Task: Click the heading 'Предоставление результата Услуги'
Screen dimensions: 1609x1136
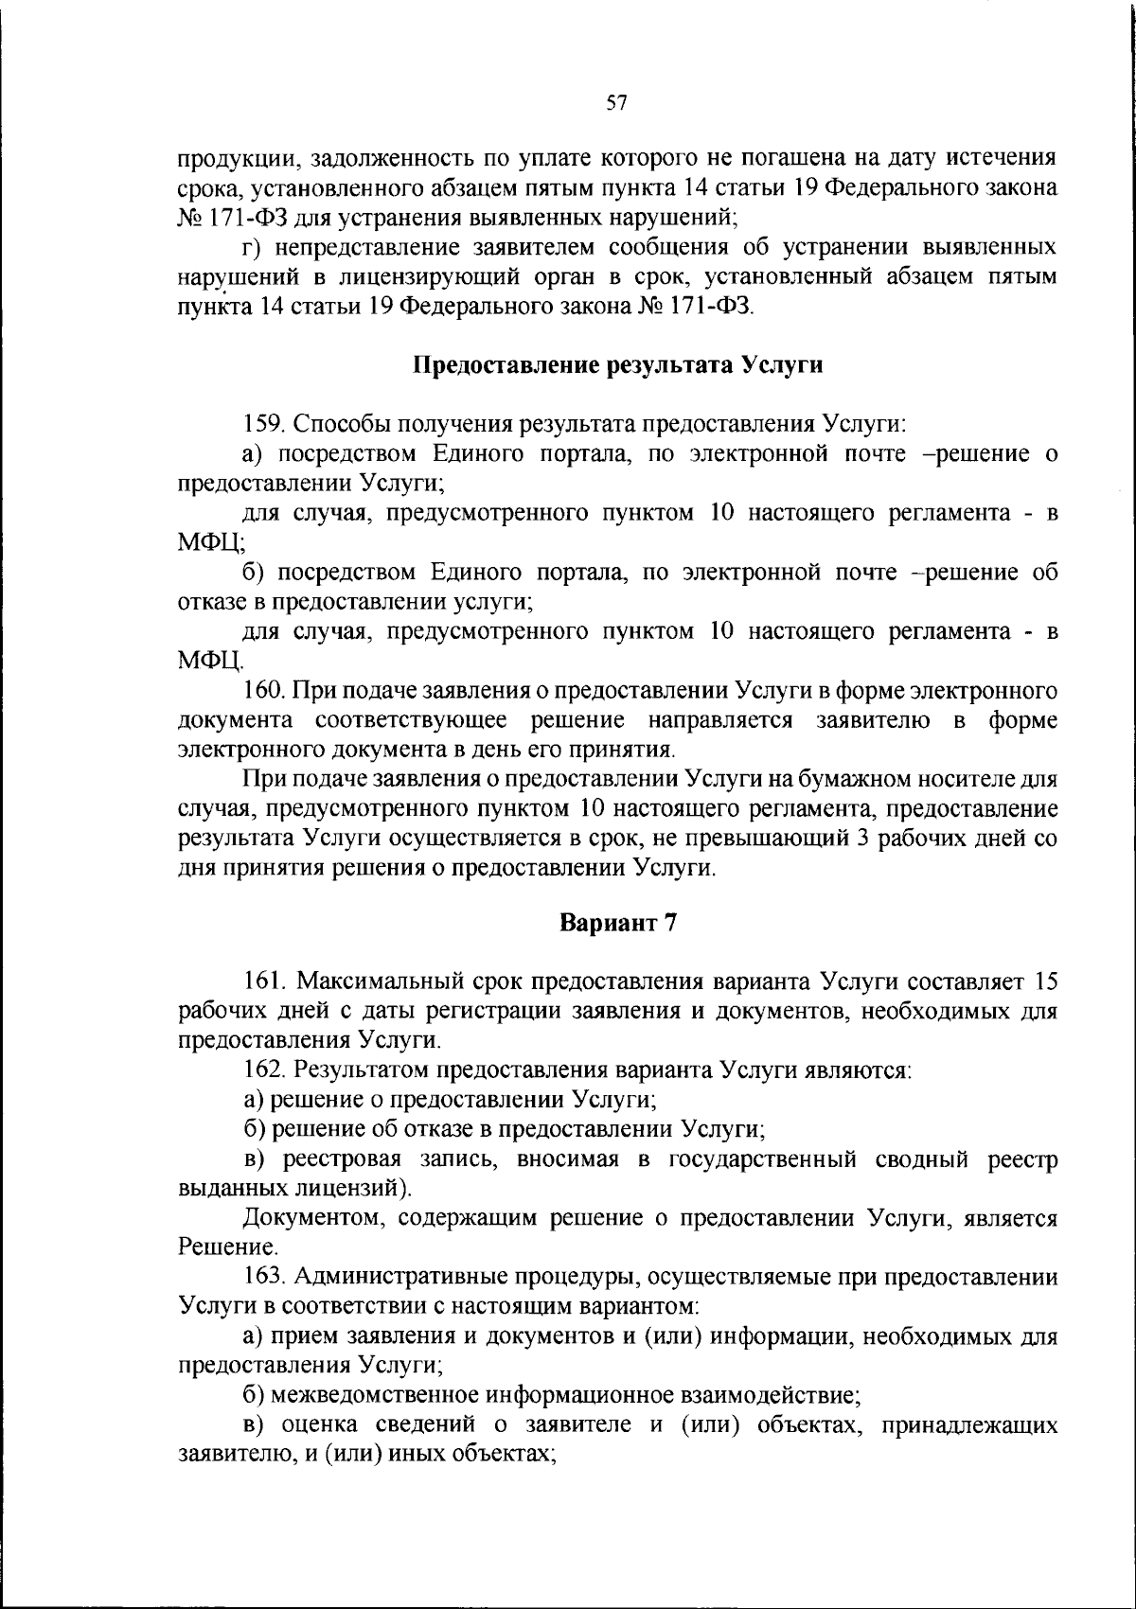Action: [x=617, y=365]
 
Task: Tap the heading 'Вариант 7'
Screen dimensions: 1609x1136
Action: [x=617, y=924]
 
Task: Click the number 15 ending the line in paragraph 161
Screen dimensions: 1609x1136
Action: [x=1045, y=981]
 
